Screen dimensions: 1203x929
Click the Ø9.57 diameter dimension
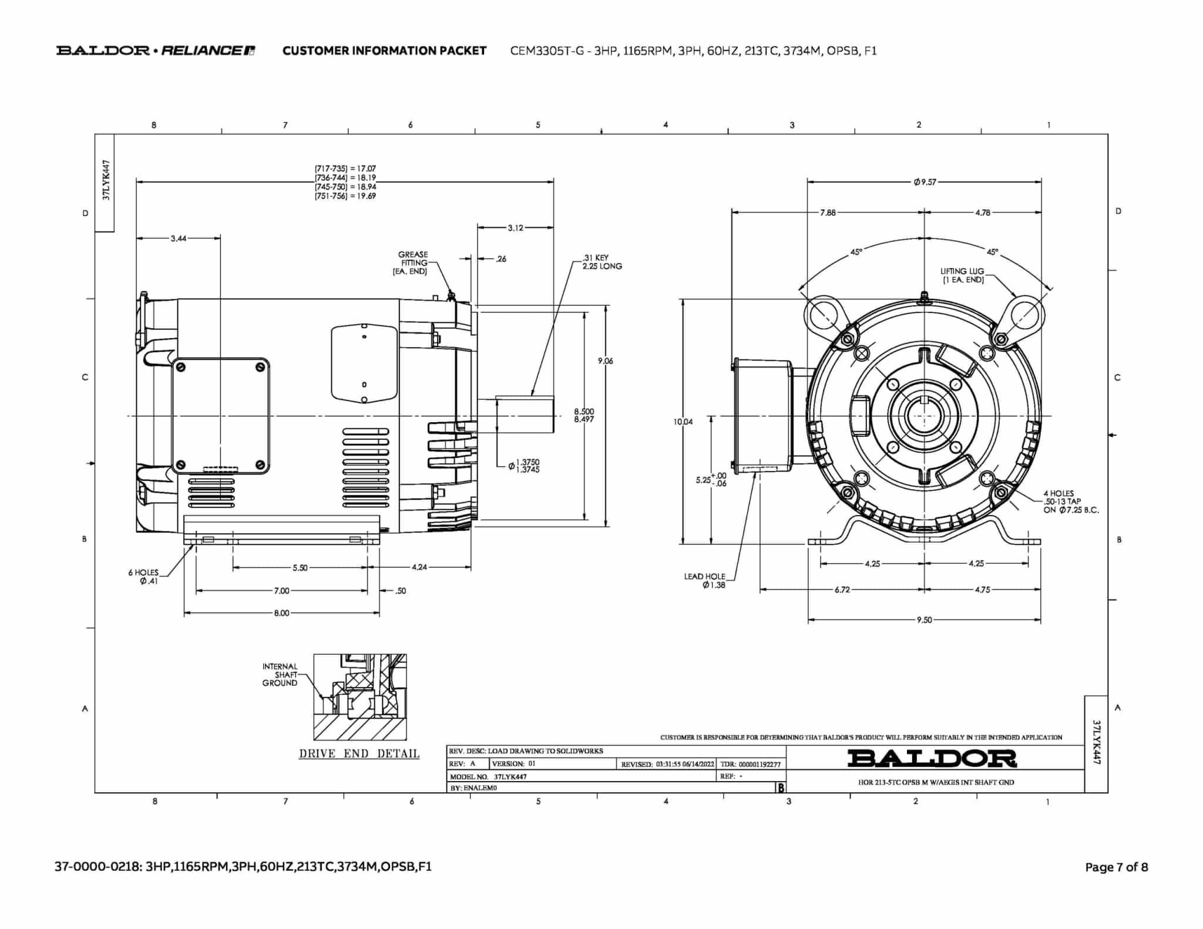pyautogui.click(x=925, y=182)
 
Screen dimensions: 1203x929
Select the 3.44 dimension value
pyautogui.click(x=179, y=238)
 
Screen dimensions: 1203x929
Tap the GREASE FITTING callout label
pyautogui.click(x=412, y=263)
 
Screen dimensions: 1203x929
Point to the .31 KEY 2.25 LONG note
pyautogui.click(x=602, y=262)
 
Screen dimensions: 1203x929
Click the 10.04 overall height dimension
pyautogui.click(x=683, y=422)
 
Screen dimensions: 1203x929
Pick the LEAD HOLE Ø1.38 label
pyautogui.click(x=705, y=581)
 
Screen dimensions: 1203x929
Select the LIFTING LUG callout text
pyautogui.click(x=962, y=275)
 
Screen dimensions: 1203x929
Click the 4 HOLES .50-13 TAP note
pyautogui.click(x=1071, y=502)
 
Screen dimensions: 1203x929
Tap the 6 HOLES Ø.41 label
pyautogui.click(x=143, y=577)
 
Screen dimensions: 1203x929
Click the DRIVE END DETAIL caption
pyautogui.click(x=359, y=753)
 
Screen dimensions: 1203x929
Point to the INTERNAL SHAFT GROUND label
pyautogui.click(x=280, y=675)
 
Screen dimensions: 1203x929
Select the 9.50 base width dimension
pyautogui.click(x=924, y=620)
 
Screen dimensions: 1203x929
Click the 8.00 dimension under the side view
pyautogui.click(x=281, y=613)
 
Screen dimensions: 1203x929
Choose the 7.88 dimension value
pyautogui.click(x=828, y=213)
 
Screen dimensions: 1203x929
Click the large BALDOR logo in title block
pyautogui.click(x=932, y=759)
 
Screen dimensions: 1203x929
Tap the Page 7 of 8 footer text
pyautogui.click(x=1116, y=867)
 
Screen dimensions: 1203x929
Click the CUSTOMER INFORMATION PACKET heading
pyautogui.click(x=384, y=51)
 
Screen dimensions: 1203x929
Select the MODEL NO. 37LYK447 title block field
pyautogui.click(x=488, y=776)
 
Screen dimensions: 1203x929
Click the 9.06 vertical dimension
pyautogui.click(x=605, y=361)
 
